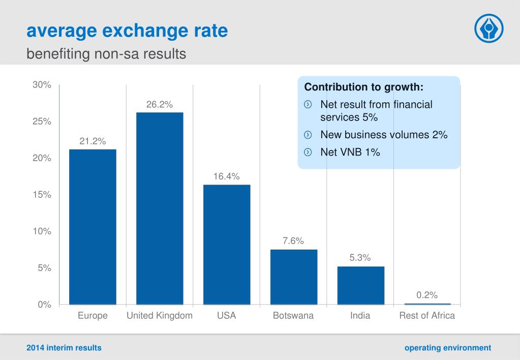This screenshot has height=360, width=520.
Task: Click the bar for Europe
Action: [93, 227]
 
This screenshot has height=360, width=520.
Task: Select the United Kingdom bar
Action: [160, 208]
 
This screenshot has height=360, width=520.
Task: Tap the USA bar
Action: [227, 245]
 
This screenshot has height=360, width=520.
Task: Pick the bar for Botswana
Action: [294, 277]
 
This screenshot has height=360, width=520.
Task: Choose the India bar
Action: [360, 285]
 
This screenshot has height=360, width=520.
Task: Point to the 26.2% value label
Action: [160, 105]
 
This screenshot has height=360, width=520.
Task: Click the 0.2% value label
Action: [427, 295]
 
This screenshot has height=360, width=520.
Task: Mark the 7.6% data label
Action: [293, 241]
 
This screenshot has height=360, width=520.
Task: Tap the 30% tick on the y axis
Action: [42, 85]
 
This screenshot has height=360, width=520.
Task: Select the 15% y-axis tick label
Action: [42, 195]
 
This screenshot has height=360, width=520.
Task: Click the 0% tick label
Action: [44, 305]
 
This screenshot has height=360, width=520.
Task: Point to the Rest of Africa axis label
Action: [427, 316]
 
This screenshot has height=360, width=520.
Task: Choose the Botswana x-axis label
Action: [293, 316]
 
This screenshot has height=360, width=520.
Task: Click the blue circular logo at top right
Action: [488, 28]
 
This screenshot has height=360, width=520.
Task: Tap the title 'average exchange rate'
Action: [127, 32]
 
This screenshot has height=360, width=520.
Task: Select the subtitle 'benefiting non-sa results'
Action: [106, 53]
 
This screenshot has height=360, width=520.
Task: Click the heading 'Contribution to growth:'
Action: [364, 87]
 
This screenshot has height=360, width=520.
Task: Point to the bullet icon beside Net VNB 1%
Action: [308, 152]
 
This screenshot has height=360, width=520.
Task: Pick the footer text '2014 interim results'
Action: [64, 348]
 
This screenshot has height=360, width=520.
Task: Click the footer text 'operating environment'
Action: [448, 348]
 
